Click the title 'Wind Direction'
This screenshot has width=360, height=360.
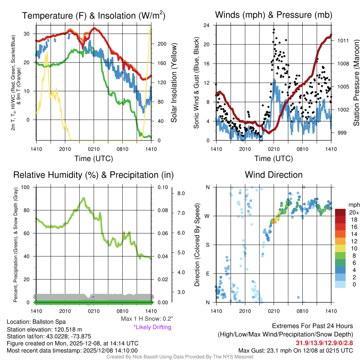[274, 175]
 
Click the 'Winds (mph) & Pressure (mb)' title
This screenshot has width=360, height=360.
[274, 15]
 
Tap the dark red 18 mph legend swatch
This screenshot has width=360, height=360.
[341, 220]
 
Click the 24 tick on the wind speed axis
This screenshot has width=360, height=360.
[207, 25]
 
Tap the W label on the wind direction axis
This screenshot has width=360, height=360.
[207, 216]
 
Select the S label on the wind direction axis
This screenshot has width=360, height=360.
[207, 245]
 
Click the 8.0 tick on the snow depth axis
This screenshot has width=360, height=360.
[181, 193]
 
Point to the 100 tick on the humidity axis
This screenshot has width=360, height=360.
[27, 187]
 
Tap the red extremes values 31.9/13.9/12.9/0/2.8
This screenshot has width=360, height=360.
[324, 342]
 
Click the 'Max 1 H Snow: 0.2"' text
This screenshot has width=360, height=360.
[147, 319]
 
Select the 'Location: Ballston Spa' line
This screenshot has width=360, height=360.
[36, 322]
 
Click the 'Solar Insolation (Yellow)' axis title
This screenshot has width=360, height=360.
[174, 83]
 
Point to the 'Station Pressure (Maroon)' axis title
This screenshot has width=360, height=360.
[356, 83]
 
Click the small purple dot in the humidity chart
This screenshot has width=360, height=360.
[93, 297]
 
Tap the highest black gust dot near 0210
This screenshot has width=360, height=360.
[274, 30]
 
